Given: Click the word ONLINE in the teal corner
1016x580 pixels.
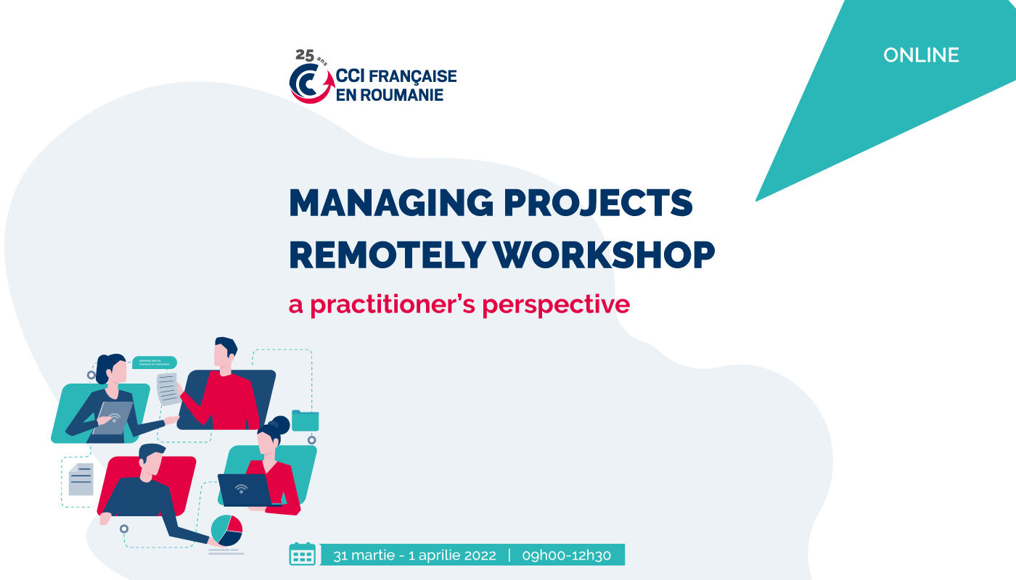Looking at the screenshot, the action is [x=921, y=55].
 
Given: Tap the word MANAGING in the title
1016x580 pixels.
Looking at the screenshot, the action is [x=391, y=202].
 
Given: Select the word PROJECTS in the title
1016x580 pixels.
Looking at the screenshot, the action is [x=598, y=204].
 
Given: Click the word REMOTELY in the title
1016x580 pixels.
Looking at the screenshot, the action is [x=387, y=255].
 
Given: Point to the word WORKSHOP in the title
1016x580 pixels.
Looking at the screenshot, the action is [x=604, y=255].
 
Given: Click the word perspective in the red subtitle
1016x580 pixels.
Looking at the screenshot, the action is [x=556, y=305].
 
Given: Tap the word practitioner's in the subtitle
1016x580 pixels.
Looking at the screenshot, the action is [x=393, y=304].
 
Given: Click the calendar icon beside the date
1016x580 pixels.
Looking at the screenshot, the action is [x=302, y=554].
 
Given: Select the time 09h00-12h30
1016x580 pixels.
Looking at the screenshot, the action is [x=567, y=555].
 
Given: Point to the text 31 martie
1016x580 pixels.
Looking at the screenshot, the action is [x=364, y=555].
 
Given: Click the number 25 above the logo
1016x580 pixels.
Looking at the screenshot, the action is [x=305, y=55].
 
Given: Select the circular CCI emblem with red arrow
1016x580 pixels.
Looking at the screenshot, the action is [x=311, y=83].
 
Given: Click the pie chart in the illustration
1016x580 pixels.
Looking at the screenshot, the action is [x=226, y=530].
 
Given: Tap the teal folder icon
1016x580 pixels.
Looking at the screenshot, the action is [x=305, y=420].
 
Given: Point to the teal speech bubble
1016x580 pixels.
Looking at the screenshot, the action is [x=155, y=362].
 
